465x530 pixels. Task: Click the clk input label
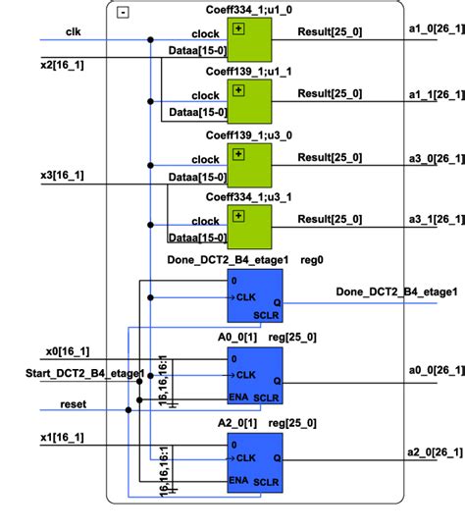point(73,32)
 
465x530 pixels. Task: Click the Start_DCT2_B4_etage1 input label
point(84,373)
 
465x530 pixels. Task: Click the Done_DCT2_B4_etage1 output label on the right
point(396,291)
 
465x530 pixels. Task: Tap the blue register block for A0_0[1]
point(254,377)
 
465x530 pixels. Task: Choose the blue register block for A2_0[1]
point(254,460)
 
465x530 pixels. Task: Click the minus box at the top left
point(122,13)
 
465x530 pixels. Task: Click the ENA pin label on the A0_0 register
point(238,397)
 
